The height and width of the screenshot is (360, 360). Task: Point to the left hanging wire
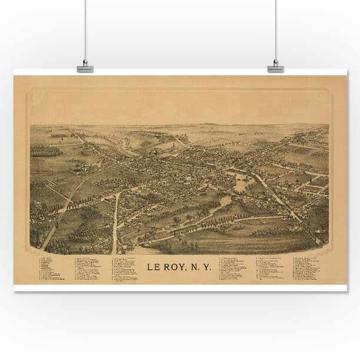coord(85,29)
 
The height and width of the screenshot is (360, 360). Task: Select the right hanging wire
coord(275,29)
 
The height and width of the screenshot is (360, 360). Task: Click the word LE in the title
coord(154,266)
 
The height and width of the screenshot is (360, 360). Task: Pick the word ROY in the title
coord(175,266)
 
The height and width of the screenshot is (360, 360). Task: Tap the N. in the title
coord(195,266)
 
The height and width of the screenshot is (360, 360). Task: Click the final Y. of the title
coord(207,266)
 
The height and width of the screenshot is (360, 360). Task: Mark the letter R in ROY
coord(167,266)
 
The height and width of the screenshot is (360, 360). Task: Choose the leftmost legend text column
coord(52,269)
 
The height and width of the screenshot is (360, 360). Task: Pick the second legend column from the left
coord(88,268)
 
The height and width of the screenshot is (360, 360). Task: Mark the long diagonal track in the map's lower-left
coord(59,212)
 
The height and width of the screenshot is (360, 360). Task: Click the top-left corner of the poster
coord(15,76)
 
